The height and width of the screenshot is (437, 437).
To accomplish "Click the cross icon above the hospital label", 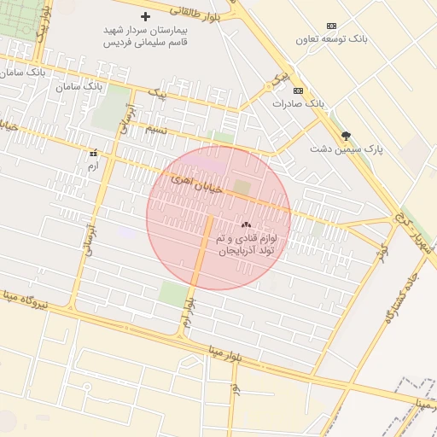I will (145, 17).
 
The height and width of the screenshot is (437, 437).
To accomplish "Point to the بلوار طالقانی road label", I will (196, 12).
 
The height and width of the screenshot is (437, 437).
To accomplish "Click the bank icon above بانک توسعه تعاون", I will (332, 26).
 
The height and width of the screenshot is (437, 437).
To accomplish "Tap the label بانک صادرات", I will (299, 103).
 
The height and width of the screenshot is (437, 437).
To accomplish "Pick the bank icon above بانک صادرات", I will (298, 90).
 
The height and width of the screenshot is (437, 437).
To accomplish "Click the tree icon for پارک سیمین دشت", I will (346, 136).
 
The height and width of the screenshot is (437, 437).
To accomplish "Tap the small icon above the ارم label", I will (93, 154).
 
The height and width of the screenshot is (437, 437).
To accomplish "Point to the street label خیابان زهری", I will (196, 184).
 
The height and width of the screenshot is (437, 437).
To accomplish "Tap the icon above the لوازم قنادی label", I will (259, 224).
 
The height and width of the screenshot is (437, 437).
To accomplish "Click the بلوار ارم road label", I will (189, 314).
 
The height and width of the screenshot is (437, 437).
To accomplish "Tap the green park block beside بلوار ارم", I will (173, 294).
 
